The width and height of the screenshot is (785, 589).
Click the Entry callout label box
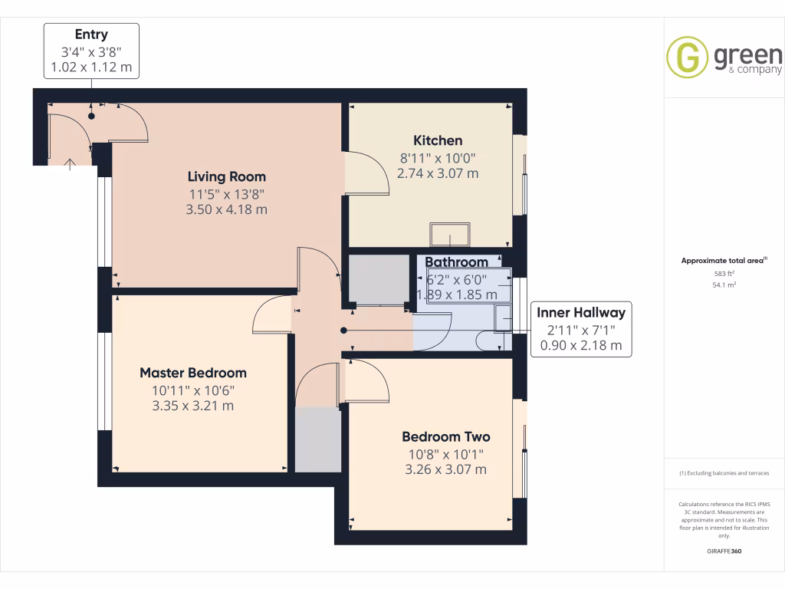[91, 51]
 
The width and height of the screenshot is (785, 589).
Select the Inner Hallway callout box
[580, 329]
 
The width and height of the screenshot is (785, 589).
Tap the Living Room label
[227, 177]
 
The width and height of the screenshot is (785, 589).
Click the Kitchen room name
[438, 140]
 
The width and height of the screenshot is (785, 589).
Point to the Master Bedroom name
[193, 373]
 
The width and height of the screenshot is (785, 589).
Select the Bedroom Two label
[445, 437]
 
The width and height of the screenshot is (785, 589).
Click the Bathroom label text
[457, 262]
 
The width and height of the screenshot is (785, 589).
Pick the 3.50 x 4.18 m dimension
[227, 209]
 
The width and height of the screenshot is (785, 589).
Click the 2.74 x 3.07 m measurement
[438, 173]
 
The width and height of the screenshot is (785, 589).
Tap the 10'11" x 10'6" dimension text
[193, 390]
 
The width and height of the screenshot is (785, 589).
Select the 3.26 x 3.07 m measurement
[445, 469]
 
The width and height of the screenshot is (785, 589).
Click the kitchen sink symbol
[451, 233]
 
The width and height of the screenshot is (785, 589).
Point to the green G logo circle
[688, 58]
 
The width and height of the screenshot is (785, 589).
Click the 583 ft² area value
[724, 273]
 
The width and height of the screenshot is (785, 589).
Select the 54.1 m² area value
[724, 285]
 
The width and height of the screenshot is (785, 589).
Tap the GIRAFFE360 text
[724, 551]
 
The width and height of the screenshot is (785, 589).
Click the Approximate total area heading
[723, 261]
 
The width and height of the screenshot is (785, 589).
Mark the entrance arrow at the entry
[70, 163]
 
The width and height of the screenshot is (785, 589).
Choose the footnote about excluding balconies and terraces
[724, 473]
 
